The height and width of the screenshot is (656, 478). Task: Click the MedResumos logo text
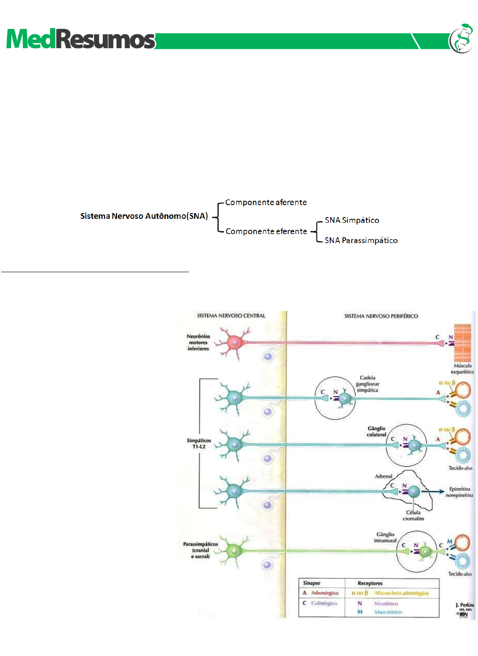[81, 39]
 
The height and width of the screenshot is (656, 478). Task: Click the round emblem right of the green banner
[462, 39]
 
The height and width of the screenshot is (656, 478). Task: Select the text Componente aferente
[266, 202]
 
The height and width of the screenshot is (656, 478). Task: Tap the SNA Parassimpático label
[361, 240]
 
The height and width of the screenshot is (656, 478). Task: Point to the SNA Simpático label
[352, 220]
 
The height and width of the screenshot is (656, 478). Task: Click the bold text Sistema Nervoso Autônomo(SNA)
[144, 216]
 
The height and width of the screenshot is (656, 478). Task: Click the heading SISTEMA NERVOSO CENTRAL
[231, 316]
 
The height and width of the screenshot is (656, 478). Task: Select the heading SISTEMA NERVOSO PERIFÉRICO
[381, 316]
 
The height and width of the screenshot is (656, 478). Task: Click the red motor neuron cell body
[235, 342]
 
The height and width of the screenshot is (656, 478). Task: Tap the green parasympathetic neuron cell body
[234, 551]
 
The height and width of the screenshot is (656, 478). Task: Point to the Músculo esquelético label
[462, 369]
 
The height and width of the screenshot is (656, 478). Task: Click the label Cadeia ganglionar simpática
[367, 384]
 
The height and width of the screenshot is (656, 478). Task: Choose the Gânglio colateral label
[376, 431]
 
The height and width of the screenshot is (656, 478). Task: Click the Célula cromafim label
[413, 516]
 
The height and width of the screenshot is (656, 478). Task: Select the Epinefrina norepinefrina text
[459, 492]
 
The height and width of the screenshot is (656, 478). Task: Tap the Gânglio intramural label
[385, 537]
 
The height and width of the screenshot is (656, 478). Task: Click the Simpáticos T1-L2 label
[199, 443]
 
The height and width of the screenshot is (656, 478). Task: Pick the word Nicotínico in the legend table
[386, 604]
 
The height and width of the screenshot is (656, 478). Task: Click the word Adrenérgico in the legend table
[324, 593]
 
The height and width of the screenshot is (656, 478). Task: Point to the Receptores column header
[370, 583]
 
